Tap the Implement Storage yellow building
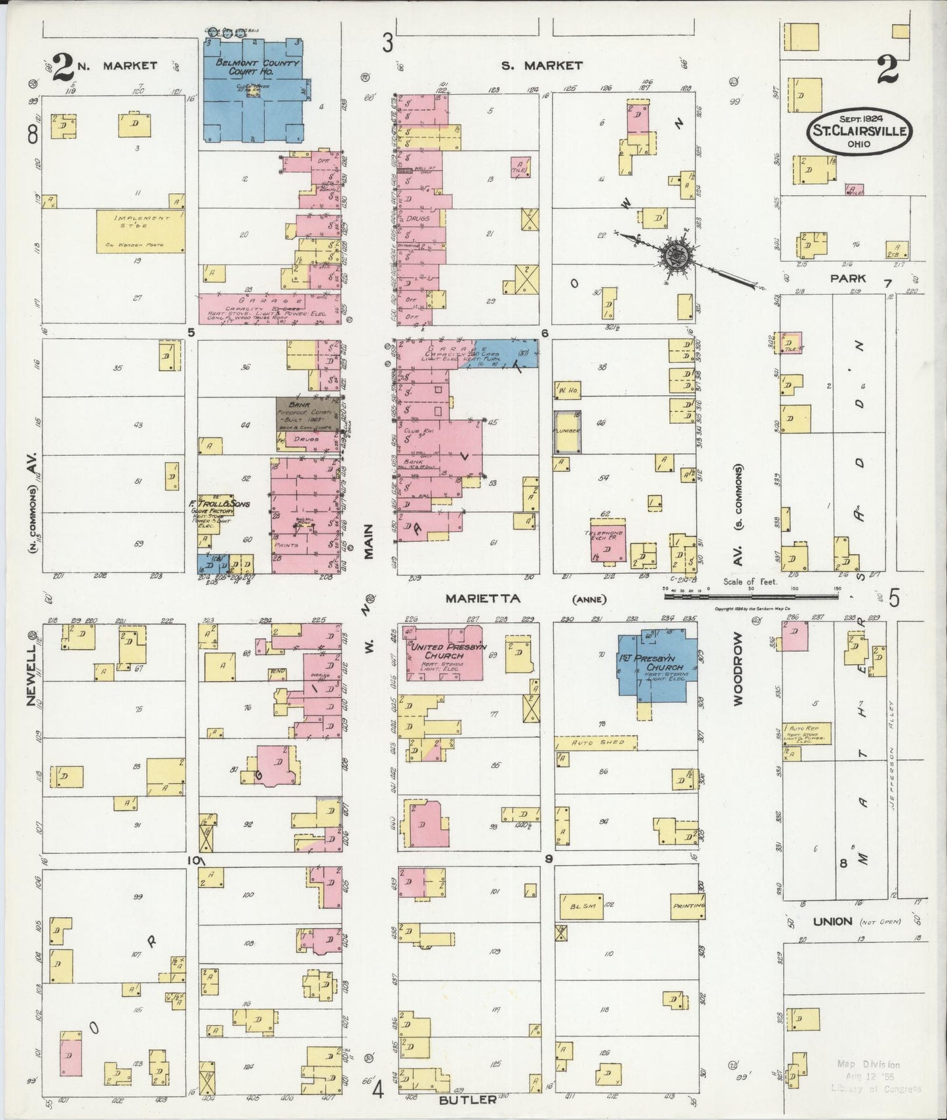(x=140, y=231)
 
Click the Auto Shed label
(x=591, y=743)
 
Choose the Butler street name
(x=467, y=1100)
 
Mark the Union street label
(x=832, y=921)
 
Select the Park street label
(x=848, y=278)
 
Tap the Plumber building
(x=566, y=432)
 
